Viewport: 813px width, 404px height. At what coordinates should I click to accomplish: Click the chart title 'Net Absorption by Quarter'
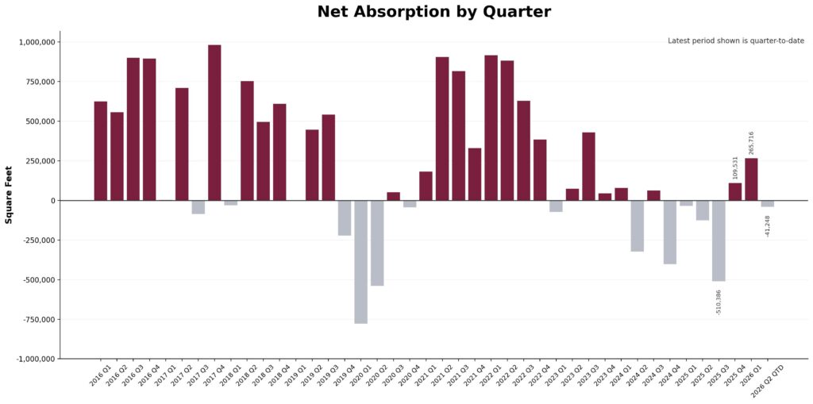(433, 12)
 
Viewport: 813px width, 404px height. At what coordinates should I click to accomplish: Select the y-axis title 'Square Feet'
(9, 194)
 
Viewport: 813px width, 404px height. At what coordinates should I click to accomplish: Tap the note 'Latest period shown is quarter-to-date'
(736, 40)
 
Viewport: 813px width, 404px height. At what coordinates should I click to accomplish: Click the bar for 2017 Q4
(214, 122)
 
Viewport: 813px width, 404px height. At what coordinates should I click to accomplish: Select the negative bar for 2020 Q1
(360, 261)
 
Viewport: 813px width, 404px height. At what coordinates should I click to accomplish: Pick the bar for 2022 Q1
(491, 128)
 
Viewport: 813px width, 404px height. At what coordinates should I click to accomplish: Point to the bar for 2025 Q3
(719, 240)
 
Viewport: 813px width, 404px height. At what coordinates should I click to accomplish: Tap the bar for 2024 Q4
(670, 232)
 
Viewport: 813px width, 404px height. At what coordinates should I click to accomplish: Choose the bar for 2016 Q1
(101, 151)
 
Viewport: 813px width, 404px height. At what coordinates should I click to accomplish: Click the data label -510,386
(719, 302)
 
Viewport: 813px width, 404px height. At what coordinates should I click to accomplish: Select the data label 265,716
(751, 143)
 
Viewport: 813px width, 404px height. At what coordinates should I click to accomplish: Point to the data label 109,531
(735, 167)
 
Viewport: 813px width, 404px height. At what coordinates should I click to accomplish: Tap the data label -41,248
(768, 225)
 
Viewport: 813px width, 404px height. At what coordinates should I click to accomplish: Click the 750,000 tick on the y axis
(37, 82)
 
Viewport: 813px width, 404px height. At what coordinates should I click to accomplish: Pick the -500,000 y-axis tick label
(35, 280)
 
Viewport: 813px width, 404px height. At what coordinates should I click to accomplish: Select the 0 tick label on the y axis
(52, 201)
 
